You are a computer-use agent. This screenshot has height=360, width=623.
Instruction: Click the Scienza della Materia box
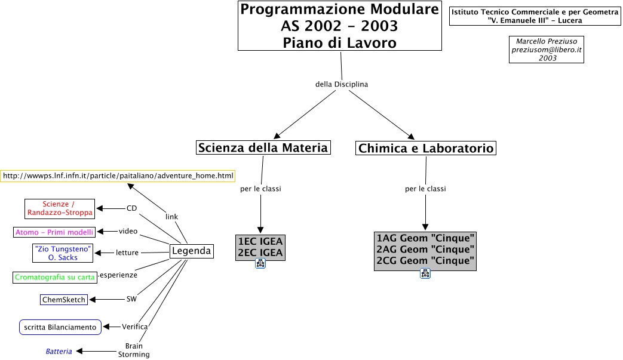click(263, 147)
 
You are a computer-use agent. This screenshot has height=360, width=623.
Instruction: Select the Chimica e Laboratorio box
click(426, 148)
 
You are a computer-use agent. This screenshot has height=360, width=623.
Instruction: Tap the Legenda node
click(191, 251)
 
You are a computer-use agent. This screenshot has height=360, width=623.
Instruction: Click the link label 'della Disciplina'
click(342, 84)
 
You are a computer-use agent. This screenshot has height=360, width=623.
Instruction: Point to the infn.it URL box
click(118, 176)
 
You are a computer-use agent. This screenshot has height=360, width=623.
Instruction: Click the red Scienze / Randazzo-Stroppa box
click(60, 208)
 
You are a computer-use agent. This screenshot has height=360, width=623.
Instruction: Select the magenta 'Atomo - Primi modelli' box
click(54, 232)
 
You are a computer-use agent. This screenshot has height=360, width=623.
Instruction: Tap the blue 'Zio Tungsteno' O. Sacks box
click(63, 253)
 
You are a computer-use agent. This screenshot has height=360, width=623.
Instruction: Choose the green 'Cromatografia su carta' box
click(55, 277)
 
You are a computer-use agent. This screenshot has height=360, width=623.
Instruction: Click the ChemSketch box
click(64, 299)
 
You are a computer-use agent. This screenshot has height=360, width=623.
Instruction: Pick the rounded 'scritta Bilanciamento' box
click(60, 327)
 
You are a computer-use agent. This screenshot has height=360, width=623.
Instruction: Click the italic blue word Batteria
click(59, 352)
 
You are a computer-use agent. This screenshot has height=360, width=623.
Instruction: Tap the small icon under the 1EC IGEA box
click(260, 264)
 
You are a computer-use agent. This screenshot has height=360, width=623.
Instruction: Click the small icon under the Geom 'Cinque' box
click(425, 273)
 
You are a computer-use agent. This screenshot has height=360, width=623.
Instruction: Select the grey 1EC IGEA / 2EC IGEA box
click(260, 247)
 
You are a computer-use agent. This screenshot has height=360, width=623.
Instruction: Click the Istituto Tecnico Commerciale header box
click(535, 16)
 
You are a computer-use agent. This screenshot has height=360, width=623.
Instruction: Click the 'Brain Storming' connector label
click(134, 350)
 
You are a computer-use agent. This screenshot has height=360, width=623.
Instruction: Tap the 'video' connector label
click(128, 231)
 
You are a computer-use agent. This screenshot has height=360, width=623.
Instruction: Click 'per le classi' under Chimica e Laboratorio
click(425, 189)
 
